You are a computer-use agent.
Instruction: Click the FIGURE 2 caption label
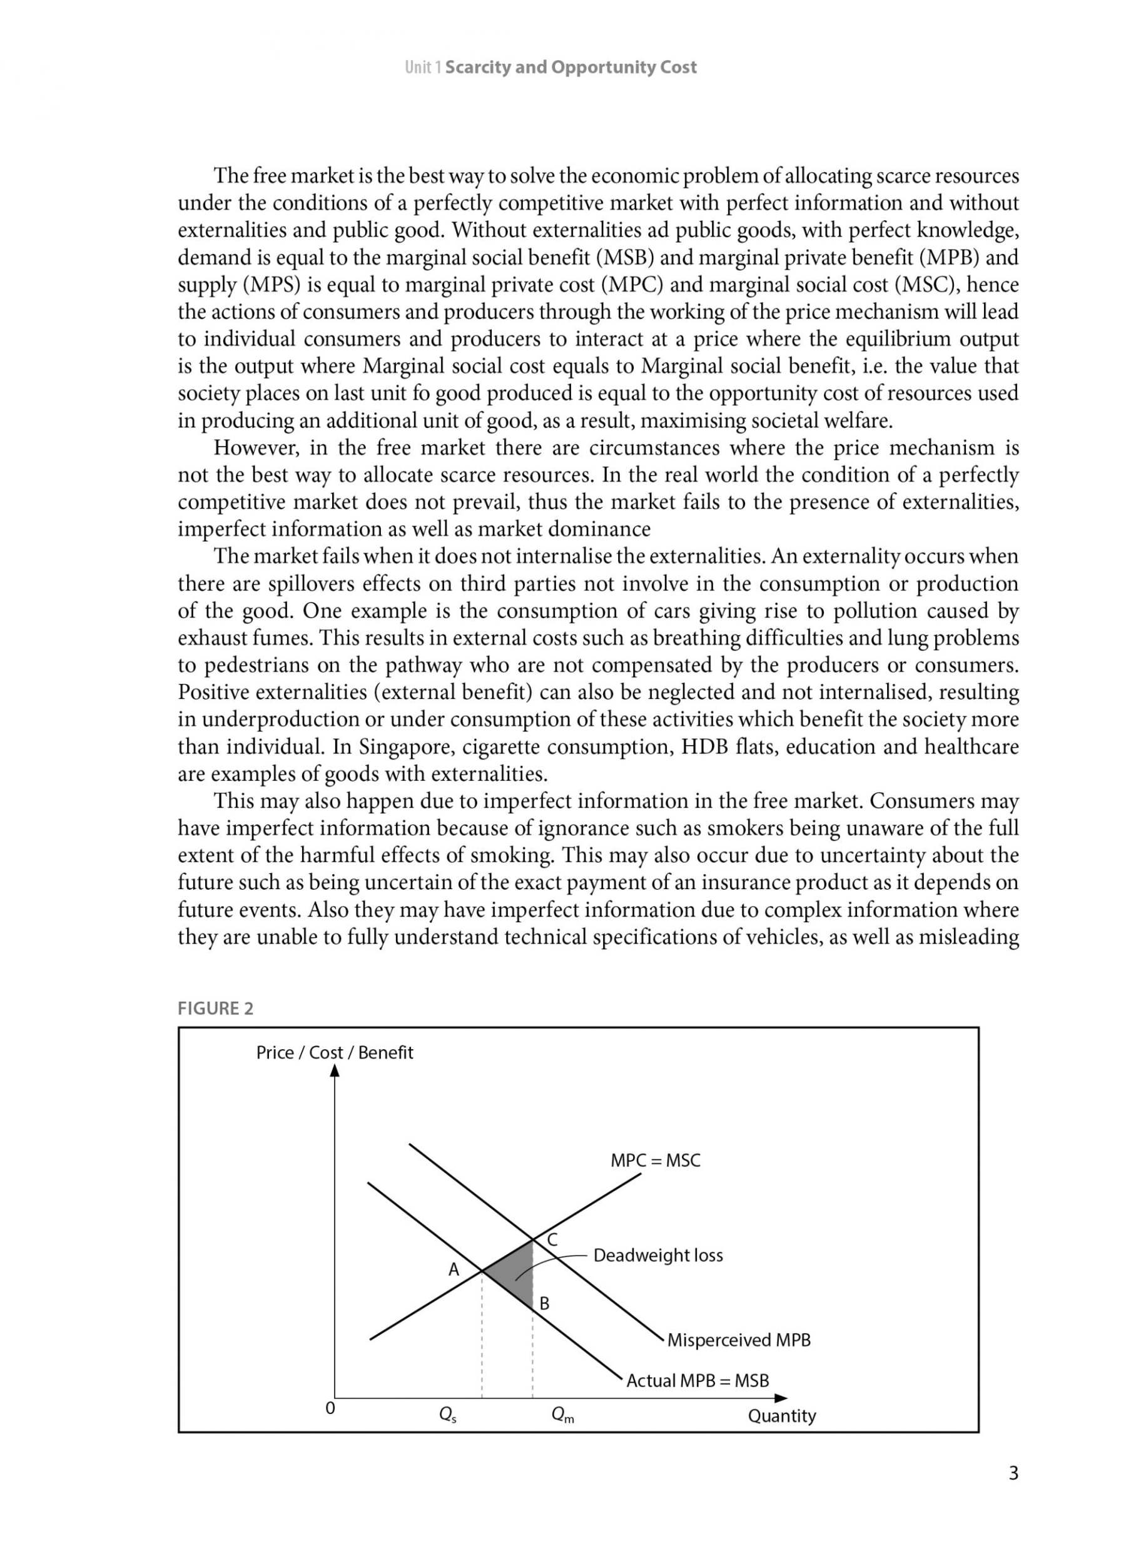click(215, 1009)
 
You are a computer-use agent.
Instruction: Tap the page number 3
click(1013, 1474)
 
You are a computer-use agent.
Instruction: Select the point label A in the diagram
click(454, 1269)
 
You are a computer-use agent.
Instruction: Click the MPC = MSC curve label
click(655, 1161)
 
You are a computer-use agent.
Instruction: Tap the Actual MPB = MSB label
click(697, 1381)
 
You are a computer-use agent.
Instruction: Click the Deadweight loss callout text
click(657, 1256)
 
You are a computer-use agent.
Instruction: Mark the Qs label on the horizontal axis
click(448, 1416)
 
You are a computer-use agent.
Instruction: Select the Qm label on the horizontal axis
click(563, 1416)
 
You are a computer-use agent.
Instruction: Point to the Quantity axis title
click(782, 1416)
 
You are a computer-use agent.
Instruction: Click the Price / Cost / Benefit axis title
click(335, 1053)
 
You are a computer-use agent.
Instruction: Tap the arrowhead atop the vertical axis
click(335, 1071)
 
